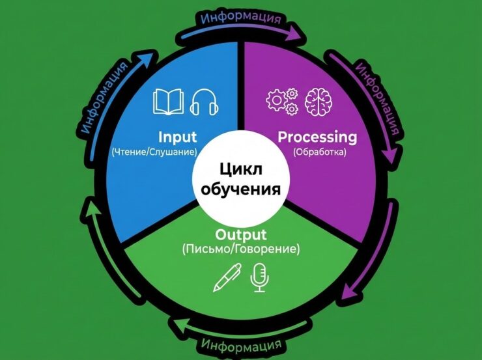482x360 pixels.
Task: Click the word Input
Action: (x=177, y=137)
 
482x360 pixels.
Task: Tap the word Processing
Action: (x=317, y=137)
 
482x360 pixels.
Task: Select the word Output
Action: (x=240, y=234)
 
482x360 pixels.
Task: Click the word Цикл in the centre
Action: (x=240, y=171)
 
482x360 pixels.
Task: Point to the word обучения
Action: (x=240, y=190)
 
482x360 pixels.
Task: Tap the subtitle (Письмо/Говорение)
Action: (x=240, y=249)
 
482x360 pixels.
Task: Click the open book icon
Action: (x=168, y=102)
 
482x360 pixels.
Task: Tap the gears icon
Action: (x=281, y=101)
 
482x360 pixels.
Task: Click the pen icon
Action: (x=227, y=277)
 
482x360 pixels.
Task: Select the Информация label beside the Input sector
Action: (x=102, y=98)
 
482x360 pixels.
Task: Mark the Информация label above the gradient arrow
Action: (x=242, y=16)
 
